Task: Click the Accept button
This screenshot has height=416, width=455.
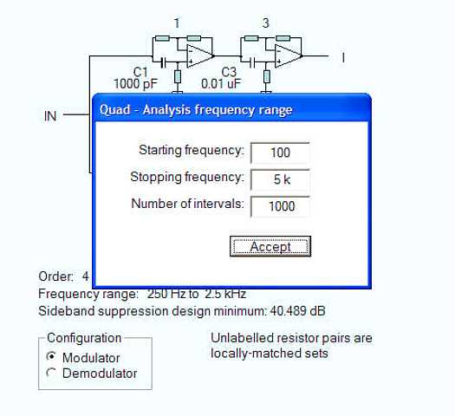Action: point(270,246)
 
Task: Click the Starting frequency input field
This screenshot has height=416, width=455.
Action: point(280,153)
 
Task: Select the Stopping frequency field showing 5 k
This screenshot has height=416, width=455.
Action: point(280,179)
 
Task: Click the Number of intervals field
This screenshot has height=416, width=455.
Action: point(280,206)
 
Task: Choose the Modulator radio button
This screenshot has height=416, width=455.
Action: point(51,356)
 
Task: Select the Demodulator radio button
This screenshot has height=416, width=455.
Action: point(51,373)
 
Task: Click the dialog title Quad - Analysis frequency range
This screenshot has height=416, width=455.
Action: point(196,110)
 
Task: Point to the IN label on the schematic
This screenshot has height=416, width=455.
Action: point(50,116)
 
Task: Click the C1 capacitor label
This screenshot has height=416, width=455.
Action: point(140,72)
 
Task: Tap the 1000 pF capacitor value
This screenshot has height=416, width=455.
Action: point(135,84)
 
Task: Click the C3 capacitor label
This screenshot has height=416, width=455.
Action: point(229,72)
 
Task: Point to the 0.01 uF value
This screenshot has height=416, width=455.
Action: point(221,84)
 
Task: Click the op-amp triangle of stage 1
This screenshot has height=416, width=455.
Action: point(199,56)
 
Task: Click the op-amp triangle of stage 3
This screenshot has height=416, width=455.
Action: point(289,56)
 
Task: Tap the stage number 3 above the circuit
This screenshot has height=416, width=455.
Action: point(266,23)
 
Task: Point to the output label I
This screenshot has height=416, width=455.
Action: point(343,57)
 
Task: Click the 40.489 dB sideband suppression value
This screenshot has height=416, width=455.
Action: point(297,311)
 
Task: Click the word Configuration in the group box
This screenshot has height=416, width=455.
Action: point(84,338)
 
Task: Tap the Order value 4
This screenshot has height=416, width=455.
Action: point(85,276)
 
